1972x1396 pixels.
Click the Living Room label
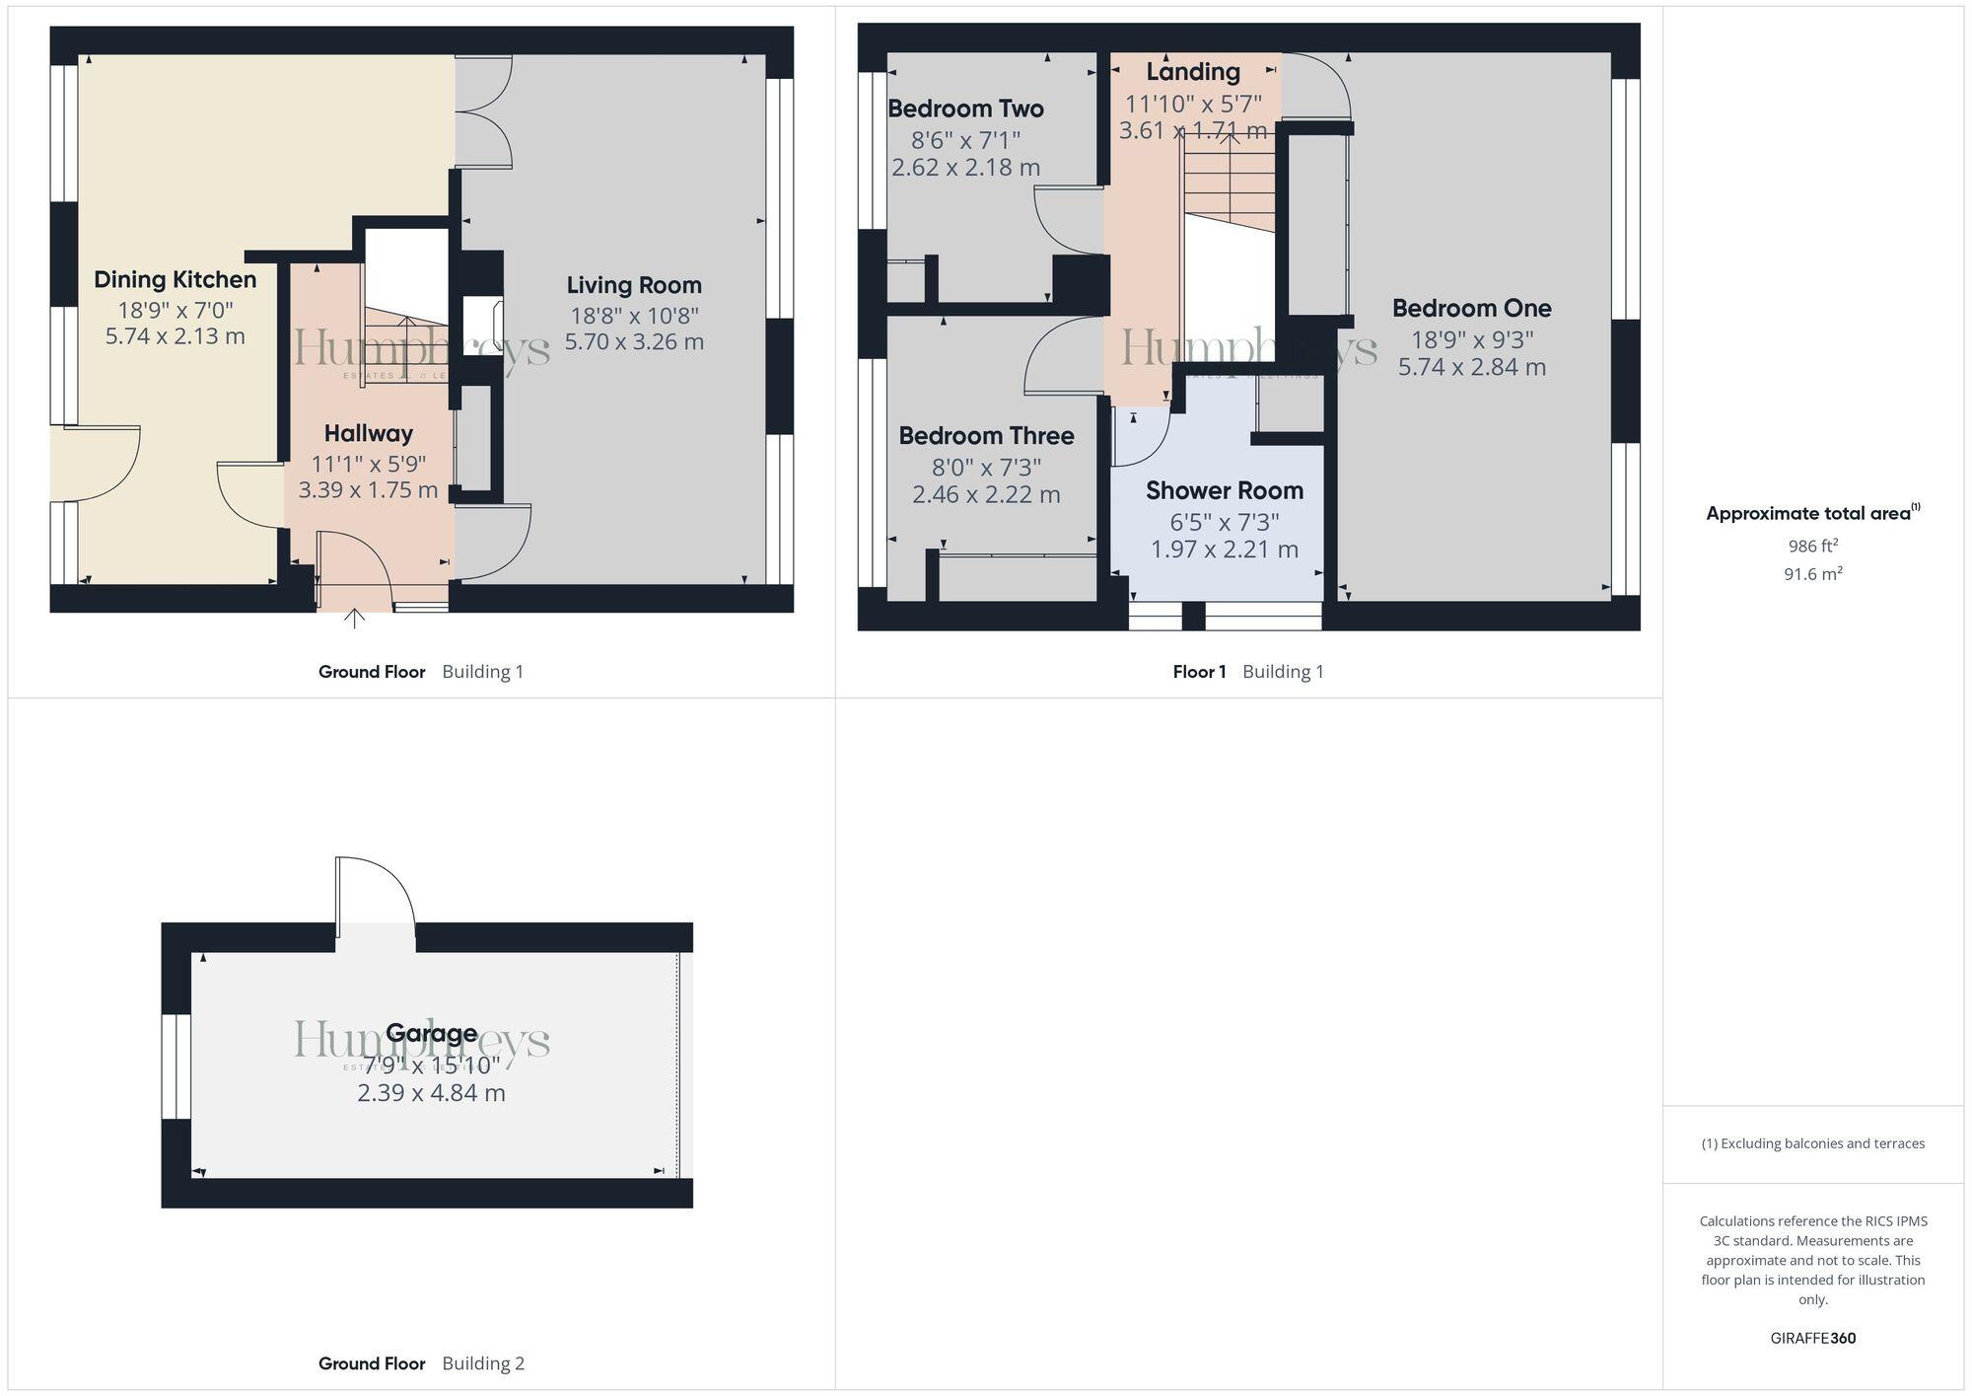634,285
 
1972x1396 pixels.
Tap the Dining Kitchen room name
176,279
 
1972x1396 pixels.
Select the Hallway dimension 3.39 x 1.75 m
368,490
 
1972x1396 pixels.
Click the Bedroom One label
1471,308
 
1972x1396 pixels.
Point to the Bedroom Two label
965,109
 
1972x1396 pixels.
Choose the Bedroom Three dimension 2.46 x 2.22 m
986,494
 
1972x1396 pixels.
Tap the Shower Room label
1225,490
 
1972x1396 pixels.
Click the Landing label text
1193,72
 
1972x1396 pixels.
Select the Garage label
432,1033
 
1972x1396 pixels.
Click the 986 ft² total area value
1812,546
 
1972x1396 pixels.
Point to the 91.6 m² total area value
1812,573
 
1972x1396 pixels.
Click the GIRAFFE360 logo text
1812,1338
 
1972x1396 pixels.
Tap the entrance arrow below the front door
354,619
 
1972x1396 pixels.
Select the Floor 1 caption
1199,672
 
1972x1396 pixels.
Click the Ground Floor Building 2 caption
421,1363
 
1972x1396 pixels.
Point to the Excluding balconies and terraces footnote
1812,1143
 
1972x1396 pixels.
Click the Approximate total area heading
1812,513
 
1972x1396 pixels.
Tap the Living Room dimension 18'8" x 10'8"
634,316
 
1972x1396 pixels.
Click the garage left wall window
176,1066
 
